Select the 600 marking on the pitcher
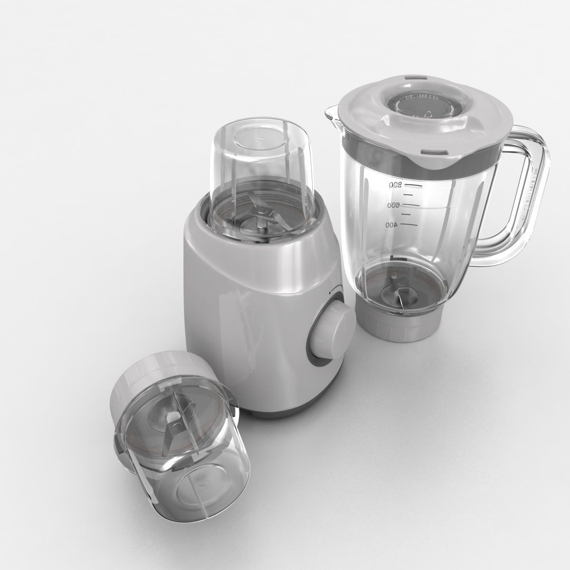point(394,205)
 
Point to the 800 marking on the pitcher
point(395,185)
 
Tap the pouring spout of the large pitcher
point(333,115)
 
